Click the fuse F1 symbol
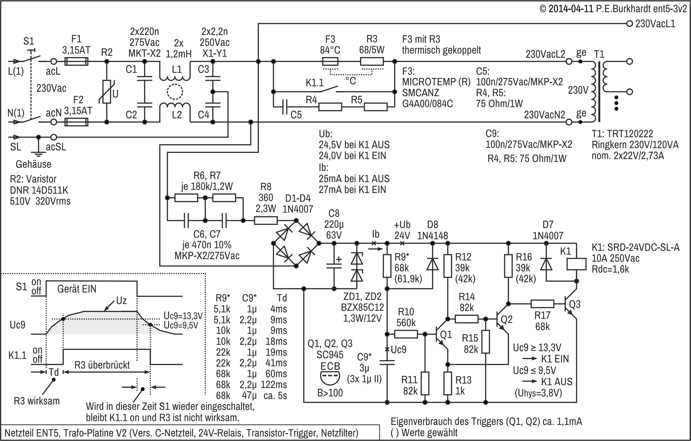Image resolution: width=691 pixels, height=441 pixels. click(x=76, y=61)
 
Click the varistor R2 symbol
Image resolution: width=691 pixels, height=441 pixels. click(x=107, y=92)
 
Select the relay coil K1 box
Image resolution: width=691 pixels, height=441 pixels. click(x=576, y=264)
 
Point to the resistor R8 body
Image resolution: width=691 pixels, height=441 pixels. click(x=266, y=220)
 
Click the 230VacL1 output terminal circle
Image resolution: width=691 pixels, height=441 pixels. click(x=630, y=23)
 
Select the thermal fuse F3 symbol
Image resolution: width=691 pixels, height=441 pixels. click(x=330, y=61)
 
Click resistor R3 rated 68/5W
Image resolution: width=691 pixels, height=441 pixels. click(x=372, y=61)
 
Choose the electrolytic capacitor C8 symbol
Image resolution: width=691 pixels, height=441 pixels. click(x=334, y=265)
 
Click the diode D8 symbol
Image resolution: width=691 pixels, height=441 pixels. click(x=432, y=264)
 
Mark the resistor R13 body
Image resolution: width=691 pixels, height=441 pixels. click(x=448, y=383)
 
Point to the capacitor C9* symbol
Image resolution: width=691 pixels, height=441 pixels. click(x=387, y=362)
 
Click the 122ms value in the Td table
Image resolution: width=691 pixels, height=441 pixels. click(x=274, y=385)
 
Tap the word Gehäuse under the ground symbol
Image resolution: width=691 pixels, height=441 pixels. click(x=33, y=164)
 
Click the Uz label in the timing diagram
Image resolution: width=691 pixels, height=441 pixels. click(x=121, y=301)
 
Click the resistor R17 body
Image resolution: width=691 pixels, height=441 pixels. click(x=542, y=304)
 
